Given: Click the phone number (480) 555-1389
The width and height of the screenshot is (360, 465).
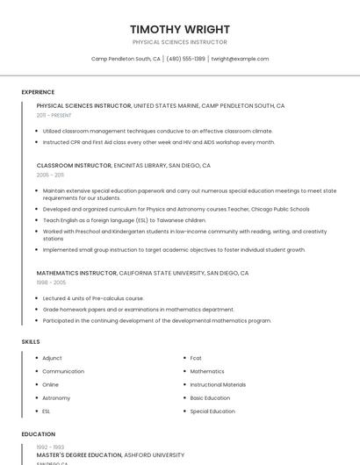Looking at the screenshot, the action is pos(185,59).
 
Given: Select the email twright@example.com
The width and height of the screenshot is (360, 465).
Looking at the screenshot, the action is pos(240,59).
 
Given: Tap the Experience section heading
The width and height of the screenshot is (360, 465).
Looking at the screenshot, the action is pos(38,92).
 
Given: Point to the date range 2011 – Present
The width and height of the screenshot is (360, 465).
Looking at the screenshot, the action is pos(54,115).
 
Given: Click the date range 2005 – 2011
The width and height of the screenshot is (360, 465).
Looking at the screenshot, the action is pos(50,175).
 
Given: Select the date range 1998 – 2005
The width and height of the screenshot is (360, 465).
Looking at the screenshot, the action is pos(50,283).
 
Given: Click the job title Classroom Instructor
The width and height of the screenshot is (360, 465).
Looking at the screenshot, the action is pos(74,165).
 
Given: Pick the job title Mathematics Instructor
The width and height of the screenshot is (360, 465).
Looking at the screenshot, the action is pos(76,273).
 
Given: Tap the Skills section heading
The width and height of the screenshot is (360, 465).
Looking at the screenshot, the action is pos(31,341).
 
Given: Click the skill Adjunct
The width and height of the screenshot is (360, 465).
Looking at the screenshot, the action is pos(52,358).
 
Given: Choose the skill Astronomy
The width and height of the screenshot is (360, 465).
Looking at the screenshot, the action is pos(56,397).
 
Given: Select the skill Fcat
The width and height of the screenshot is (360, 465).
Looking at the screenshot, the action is pos(196,358).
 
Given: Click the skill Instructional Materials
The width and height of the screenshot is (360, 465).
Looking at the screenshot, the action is pos(218,384).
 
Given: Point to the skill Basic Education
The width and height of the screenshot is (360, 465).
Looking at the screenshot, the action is pos(210,397).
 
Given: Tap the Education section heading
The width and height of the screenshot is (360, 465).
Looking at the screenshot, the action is pos(38,434).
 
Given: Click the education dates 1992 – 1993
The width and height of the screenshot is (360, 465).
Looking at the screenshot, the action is pos(50,447).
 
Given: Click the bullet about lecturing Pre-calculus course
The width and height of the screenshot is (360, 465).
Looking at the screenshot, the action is pos(93,298).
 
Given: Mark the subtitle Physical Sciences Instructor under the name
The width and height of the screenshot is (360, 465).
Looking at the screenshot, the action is pos(179,42).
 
